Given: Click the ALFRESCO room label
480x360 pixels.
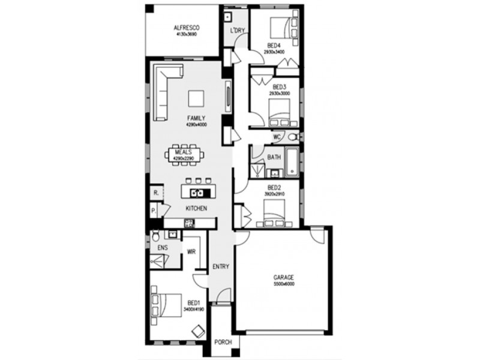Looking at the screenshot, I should [x=186, y=28].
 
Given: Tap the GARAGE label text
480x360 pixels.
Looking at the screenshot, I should [x=283, y=277].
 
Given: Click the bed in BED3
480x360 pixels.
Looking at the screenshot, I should [x=280, y=110].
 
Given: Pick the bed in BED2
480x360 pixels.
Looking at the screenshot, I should [x=275, y=211].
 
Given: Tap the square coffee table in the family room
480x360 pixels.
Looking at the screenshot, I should [x=196, y=98].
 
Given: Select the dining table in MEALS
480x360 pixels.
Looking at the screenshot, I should [x=184, y=154].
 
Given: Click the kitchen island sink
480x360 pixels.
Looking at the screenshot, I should [x=197, y=193].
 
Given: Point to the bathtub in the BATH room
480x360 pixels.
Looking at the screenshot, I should [x=292, y=163].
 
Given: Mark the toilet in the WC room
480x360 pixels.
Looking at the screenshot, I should [x=292, y=137].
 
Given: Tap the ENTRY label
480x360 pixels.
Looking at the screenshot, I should [x=220, y=266].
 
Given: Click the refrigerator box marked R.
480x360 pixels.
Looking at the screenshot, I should [x=155, y=193].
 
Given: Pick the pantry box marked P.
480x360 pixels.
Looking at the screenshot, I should [x=154, y=211].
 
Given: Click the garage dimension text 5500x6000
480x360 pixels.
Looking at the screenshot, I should [x=283, y=284].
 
